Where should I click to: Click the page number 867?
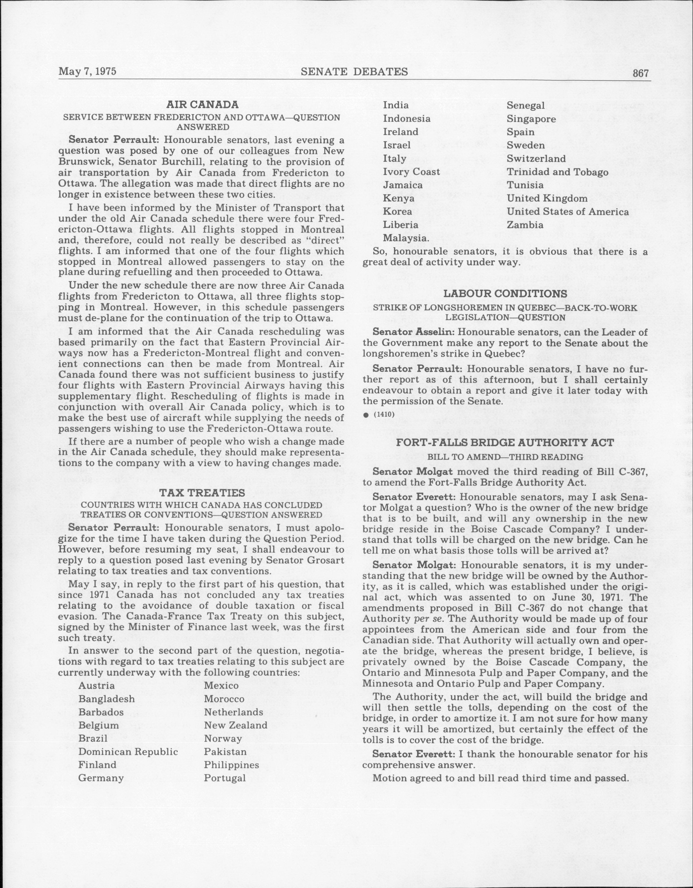(x=640, y=74)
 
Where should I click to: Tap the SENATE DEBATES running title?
(x=354, y=72)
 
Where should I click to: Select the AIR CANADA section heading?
(x=202, y=105)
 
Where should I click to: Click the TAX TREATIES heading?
(x=202, y=493)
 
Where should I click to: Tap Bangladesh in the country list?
(x=107, y=699)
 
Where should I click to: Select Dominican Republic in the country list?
(x=128, y=751)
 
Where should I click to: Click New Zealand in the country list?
(x=235, y=725)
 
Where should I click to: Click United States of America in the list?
(x=567, y=212)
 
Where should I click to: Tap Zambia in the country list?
(x=525, y=225)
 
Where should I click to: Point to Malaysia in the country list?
(x=406, y=238)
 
